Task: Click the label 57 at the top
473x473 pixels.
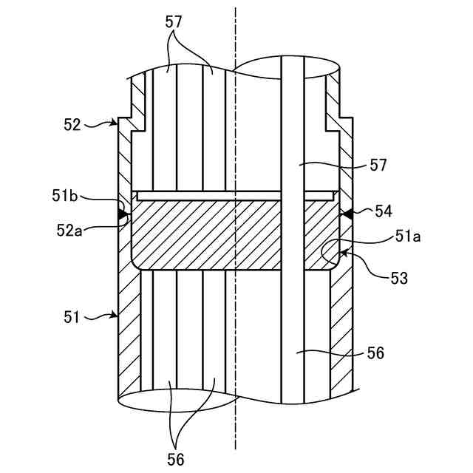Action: point(174,23)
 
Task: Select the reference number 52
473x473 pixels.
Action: point(72,124)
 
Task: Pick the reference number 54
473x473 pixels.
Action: point(383,212)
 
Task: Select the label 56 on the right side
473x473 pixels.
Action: point(375,353)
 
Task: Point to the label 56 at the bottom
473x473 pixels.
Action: point(175,459)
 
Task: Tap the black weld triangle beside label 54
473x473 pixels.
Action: point(344,214)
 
